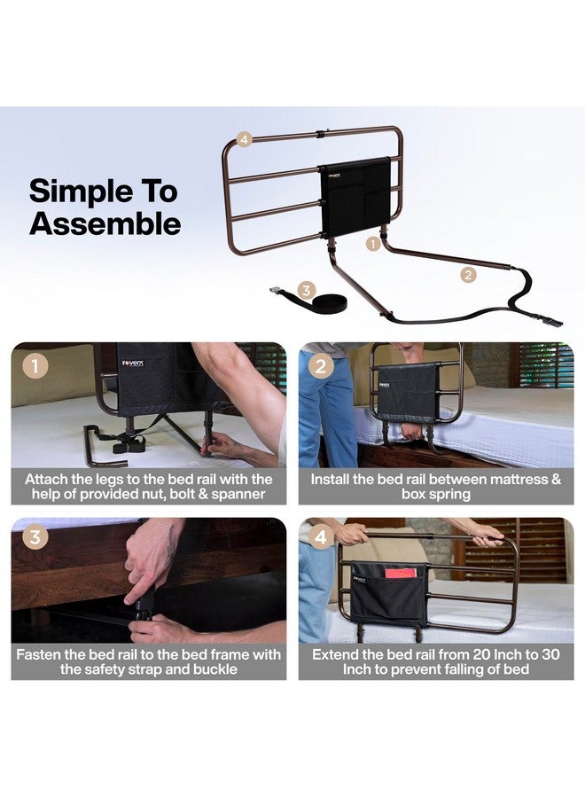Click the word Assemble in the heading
pyautogui.click(x=105, y=223)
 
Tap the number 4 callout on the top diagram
pyautogui.click(x=246, y=139)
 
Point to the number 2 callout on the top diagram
pyautogui.click(x=468, y=275)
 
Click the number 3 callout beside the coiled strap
pyautogui.click(x=307, y=290)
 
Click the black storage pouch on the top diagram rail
pyautogui.click(x=355, y=198)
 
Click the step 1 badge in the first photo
pyautogui.click(x=35, y=365)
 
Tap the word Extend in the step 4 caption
pyautogui.click(x=338, y=653)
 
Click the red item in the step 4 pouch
pyautogui.click(x=400, y=573)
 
